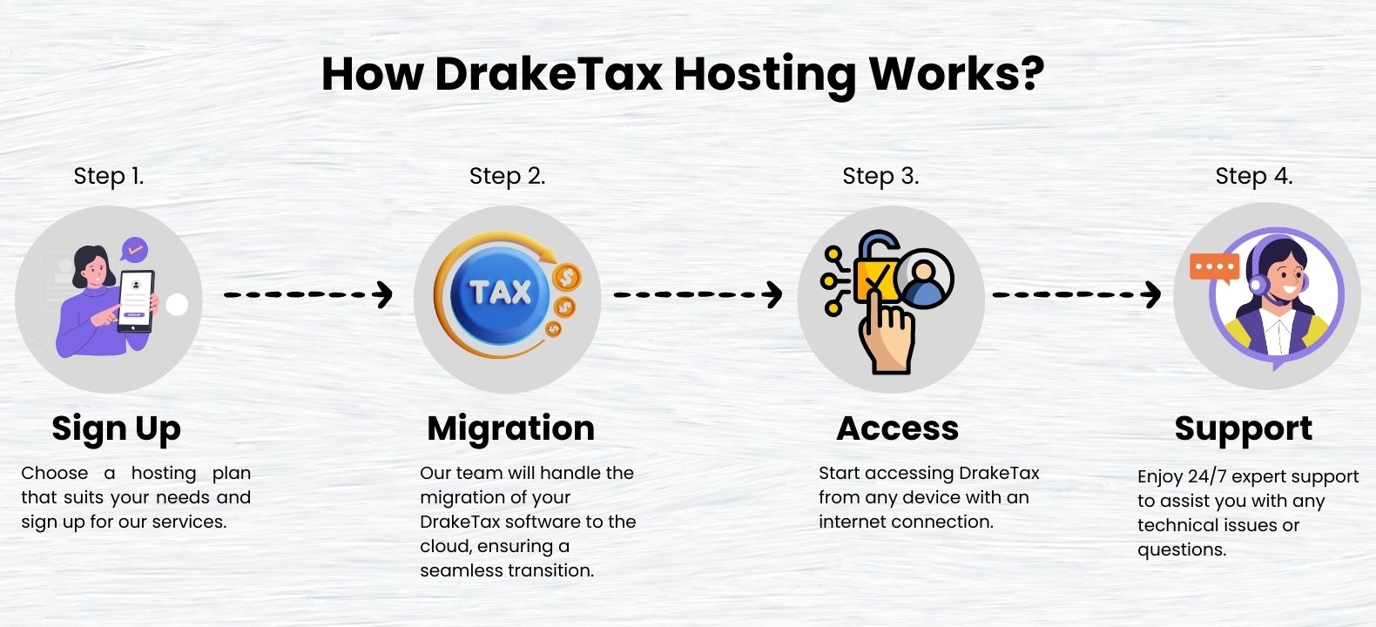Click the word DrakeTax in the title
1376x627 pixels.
[x=548, y=75]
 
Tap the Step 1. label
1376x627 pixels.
[x=109, y=176]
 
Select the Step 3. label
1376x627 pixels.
[x=880, y=176]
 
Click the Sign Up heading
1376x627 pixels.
[x=116, y=428]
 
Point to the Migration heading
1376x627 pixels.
[x=511, y=428]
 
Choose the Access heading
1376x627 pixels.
[x=898, y=428]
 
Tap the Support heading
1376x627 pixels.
[x=1244, y=428]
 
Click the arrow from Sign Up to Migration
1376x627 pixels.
[x=308, y=294]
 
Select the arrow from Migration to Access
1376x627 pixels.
[x=698, y=294]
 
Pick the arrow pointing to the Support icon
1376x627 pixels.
[x=1076, y=294]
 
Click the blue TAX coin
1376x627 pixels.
[x=499, y=293]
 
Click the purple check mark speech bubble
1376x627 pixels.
[x=134, y=250]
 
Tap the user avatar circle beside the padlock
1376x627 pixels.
[x=924, y=278]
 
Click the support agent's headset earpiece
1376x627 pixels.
[x=1258, y=285]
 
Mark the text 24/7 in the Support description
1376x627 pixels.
[x=1206, y=476]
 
